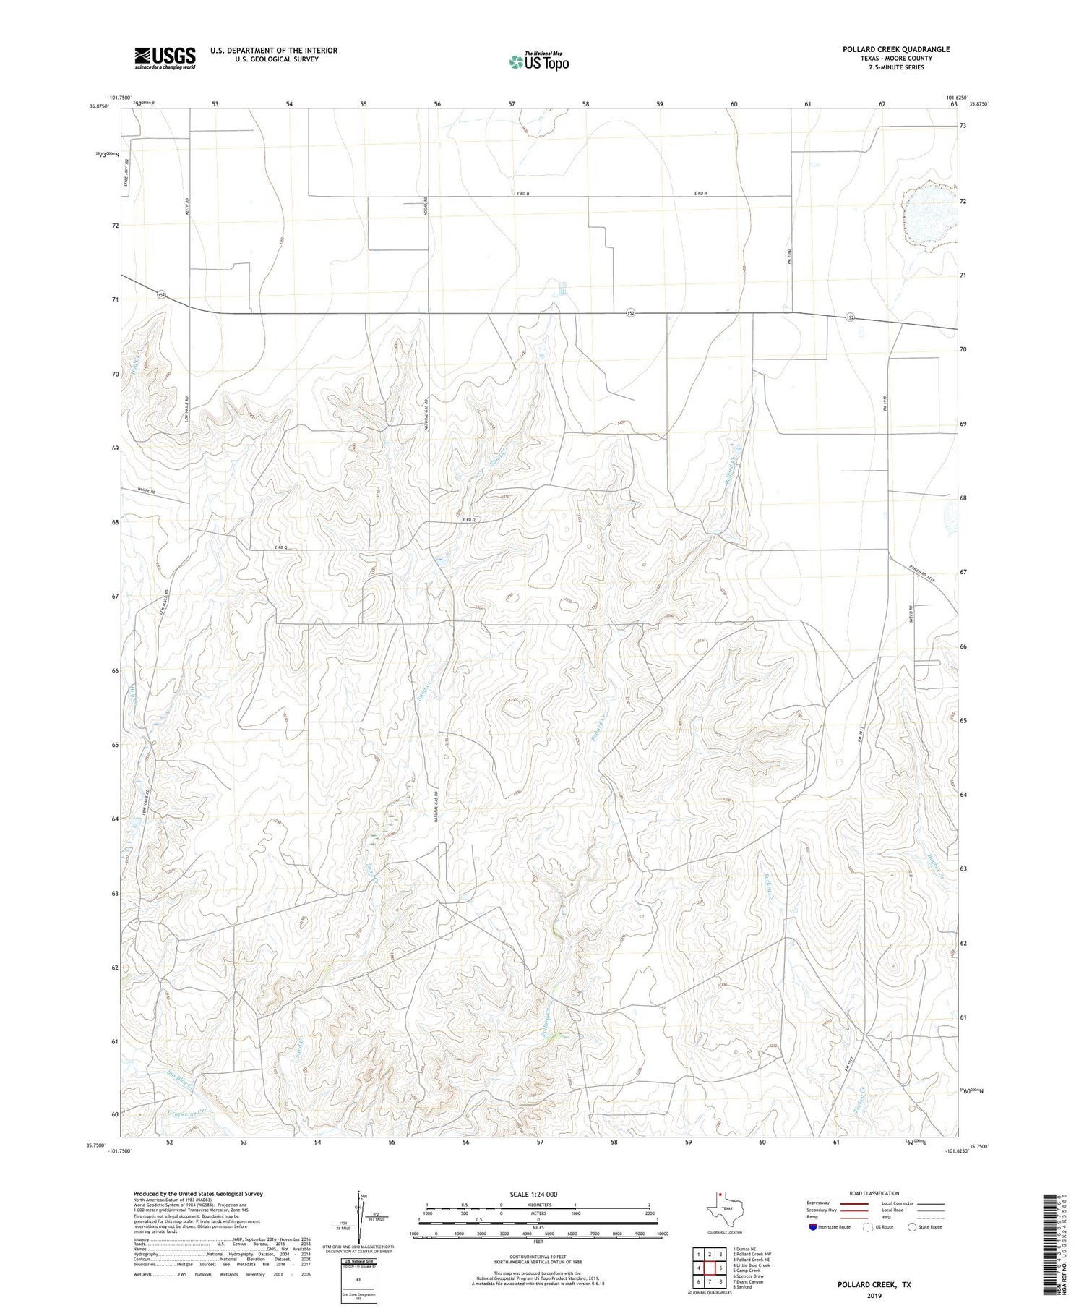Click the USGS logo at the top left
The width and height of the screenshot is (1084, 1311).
pyautogui.click(x=165, y=58)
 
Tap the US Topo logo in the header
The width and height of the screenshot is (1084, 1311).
pyautogui.click(x=538, y=62)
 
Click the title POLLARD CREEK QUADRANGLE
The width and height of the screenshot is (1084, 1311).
pyautogui.click(x=895, y=49)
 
